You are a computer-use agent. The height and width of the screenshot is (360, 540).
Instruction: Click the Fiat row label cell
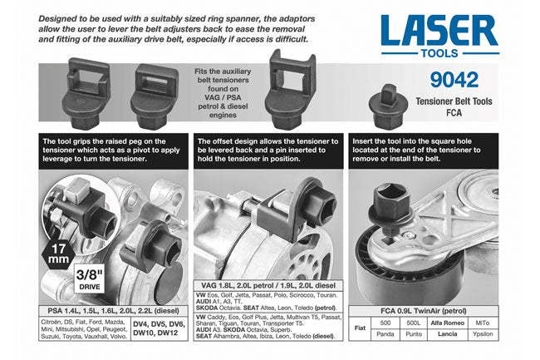pyautogui.click(x=359, y=329)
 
